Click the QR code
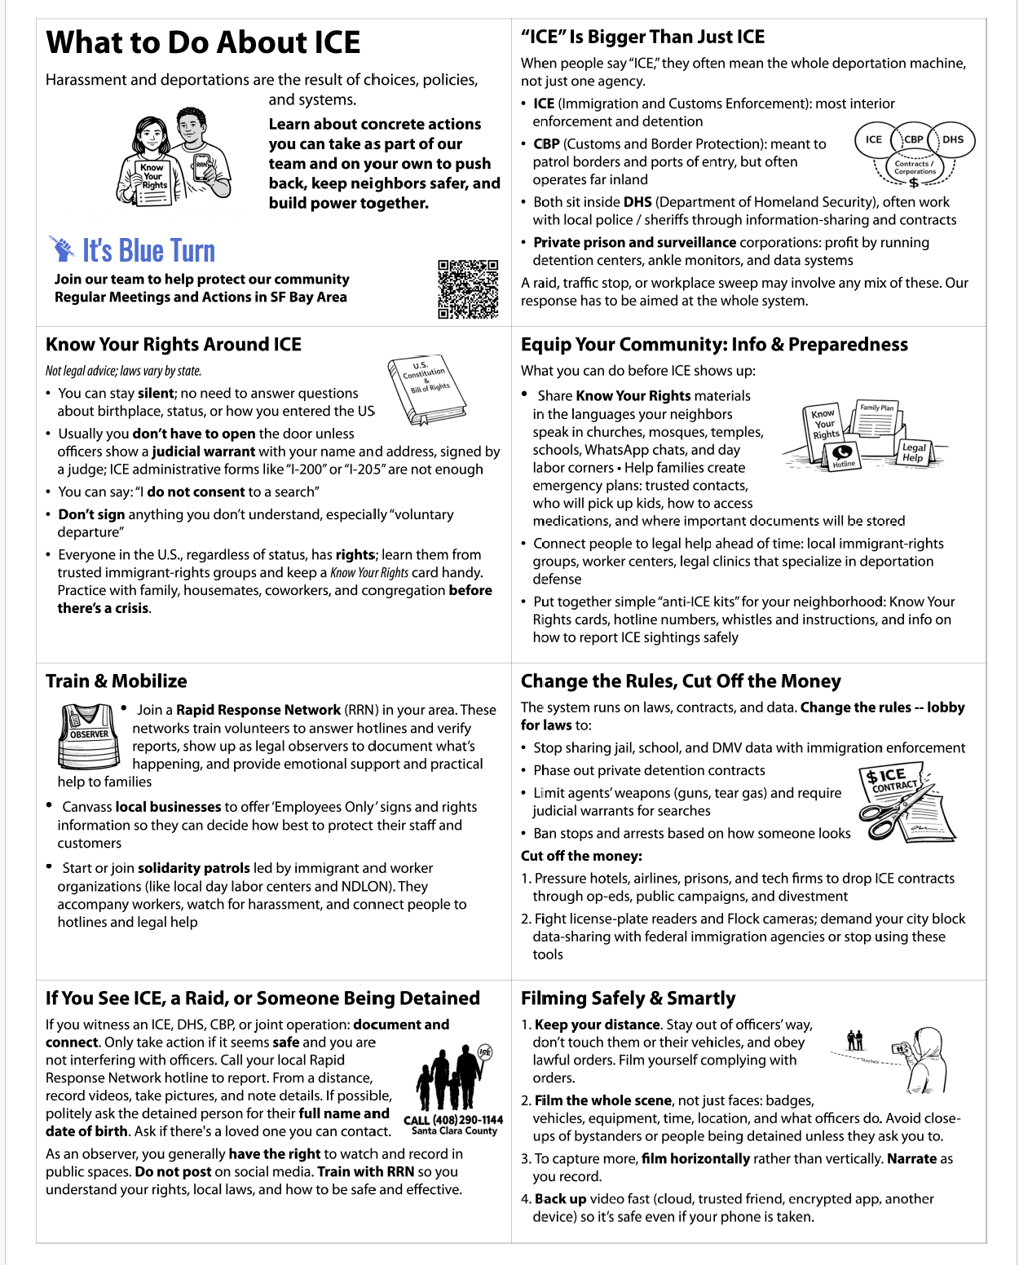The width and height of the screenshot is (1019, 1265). coord(468,289)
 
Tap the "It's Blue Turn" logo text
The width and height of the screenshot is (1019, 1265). coord(148,251)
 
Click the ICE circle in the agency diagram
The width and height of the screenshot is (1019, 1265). coord(874,139)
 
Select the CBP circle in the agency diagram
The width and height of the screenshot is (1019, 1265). coord(913,139)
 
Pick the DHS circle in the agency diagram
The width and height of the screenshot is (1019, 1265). coord(953,139)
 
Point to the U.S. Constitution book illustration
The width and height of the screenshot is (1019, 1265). coord(426,390)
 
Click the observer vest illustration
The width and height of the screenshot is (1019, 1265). coord(90,736)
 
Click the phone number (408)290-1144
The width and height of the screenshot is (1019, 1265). coord(453,1119)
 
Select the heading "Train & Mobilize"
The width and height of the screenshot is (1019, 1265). coord(117,681)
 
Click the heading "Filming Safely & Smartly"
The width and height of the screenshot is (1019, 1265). coord(628,998)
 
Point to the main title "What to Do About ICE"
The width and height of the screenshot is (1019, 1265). coord(203,42)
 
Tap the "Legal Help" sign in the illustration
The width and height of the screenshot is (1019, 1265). coord(913,452)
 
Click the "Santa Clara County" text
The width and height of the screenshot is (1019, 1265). coord(454,1131)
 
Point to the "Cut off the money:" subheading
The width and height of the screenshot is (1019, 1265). coord(581,856)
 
